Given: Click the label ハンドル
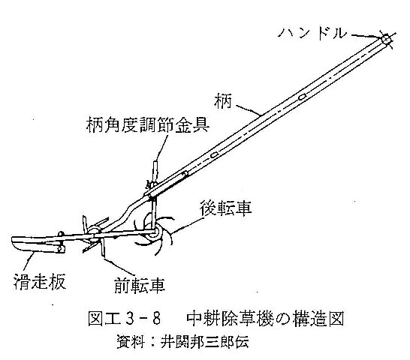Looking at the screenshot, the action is [312, 34].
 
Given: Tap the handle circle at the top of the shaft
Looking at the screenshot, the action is [386, 40].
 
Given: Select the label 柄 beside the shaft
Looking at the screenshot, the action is [223, 102].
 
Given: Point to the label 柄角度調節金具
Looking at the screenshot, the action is [148, 124].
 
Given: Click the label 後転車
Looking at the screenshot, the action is [226, 208].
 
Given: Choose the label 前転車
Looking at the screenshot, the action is [140, 285].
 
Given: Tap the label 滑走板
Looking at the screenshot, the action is [39, 281].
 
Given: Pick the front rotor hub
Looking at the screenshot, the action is [94, 232].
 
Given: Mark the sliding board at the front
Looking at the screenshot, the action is [38, 244].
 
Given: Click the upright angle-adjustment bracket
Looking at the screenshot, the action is [155, 173].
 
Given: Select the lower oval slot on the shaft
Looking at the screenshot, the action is [215, 155].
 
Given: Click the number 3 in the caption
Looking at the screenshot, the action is [130, 319].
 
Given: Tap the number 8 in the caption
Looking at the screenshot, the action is [156, 319].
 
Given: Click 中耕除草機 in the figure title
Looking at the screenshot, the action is [230, 319].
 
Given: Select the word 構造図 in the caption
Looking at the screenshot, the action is [318, 319].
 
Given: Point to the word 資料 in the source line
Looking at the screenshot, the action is [131, 342].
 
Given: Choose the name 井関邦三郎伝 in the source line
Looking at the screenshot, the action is [204, 342].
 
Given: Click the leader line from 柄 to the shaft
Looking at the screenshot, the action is [249, 110].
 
